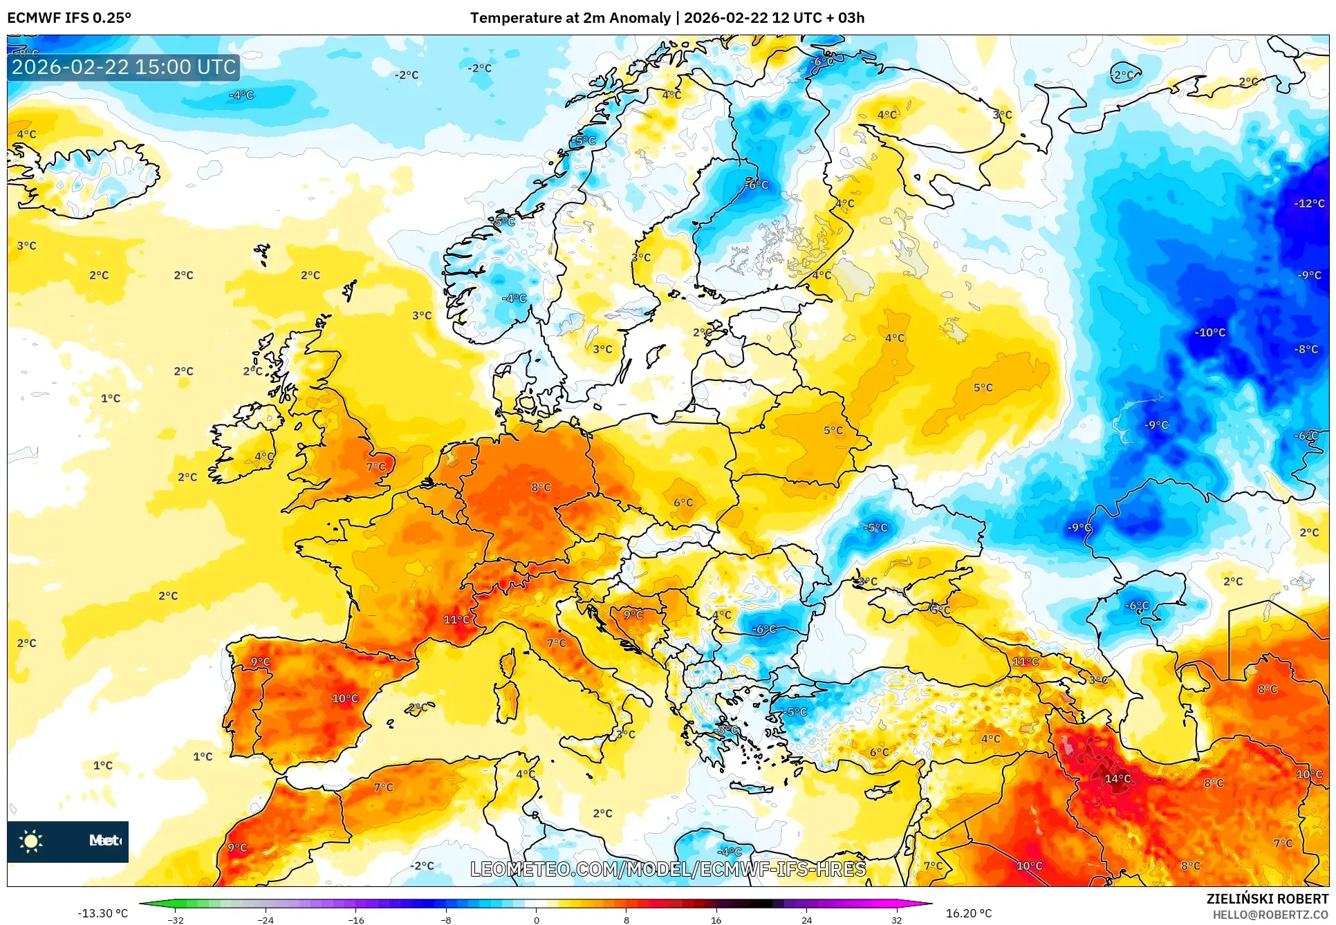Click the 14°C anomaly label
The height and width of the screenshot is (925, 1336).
pyautogui.click(x=1117, y=778)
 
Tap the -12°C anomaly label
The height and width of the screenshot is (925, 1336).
pyautogui.click(x=1309, y=203)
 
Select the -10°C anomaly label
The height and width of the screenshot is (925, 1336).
pyautogui.click(x=1210, y=333)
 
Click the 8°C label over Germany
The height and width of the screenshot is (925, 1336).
pyautogui.click(x=541, y=487)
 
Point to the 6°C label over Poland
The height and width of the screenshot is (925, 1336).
pyautogui.click(x=683, y=503)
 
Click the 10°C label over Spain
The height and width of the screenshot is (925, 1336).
pyautogui.click(x=345, y=698)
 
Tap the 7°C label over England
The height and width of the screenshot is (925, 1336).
pyautogui.click(x=375, y=467)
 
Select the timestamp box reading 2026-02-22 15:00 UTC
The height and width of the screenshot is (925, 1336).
pyautogui.click(x=124, y=67)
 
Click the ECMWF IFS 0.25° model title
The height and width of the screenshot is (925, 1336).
pyautogui.click(x=69, y=18)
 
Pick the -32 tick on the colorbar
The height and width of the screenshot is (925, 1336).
pyautogui.click(x=176, y=919)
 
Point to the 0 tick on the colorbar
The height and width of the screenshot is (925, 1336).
pyautogui.click(x=536, y=919)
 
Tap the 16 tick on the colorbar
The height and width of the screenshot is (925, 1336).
pyautogui.click(x=716, y=919)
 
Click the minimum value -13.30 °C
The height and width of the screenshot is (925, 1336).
pyautogui.click(x=102, y=913)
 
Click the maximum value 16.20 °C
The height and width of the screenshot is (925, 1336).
pyautogui.click(x=968, y=913)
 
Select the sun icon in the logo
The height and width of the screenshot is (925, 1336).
pyautogui.click(x=31, y=841)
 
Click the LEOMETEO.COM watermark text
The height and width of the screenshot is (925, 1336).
pyautogui.click(x=668, y=869)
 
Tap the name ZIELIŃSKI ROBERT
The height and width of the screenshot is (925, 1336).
pyautogui.click(x=1267, y=899)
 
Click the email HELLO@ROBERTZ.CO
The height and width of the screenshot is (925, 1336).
pyautogui.click(x=1270, y=915)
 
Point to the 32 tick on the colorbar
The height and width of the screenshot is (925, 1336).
pyautogui.click(x=896, y=919)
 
